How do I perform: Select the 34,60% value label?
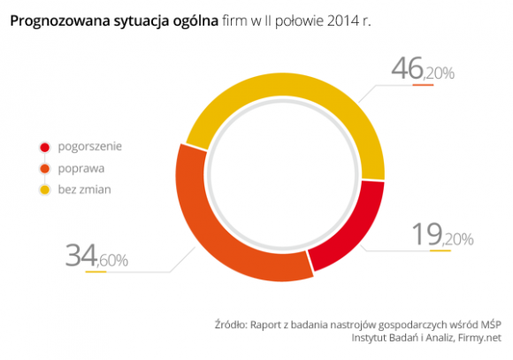[x=96, y=257]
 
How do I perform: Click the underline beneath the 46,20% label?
[x=422, y=85]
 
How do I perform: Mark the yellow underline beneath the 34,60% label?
[x=96, y=272]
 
